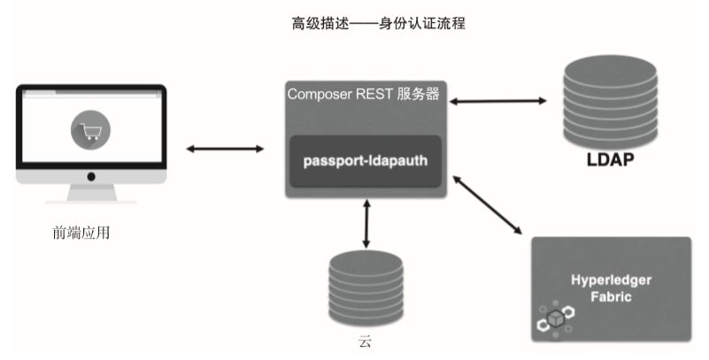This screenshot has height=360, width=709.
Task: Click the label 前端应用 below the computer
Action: tap(81, 234)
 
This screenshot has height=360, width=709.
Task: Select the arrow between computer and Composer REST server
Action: tap(227, 149)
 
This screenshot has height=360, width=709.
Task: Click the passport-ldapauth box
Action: tap(366, 161)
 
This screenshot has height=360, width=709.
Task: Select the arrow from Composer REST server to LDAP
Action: tap(498, 102)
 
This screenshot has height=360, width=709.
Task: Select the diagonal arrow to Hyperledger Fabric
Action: tap(489, 207)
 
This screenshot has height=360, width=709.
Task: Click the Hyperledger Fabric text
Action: tap(611, 288)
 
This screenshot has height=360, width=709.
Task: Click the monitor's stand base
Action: tap(91, 201)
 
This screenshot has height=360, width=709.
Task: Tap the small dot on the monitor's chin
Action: tap(91, 176)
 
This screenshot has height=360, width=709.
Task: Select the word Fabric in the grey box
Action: tap(612, 297)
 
